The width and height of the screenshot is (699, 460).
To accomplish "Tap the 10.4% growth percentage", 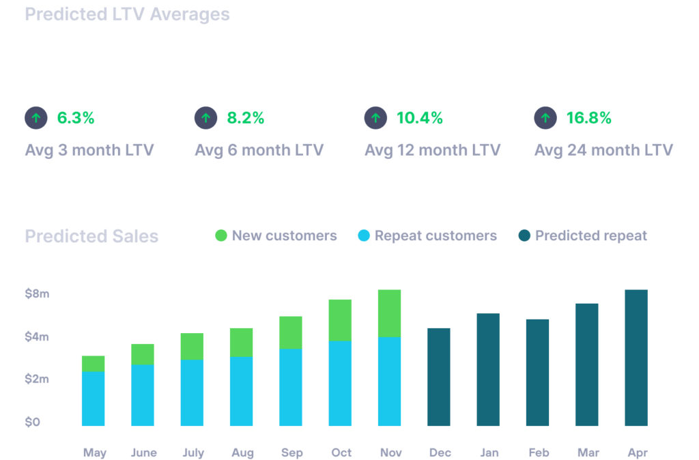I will (x=420, y=118).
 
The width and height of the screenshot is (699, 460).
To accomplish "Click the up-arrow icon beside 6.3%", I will (x=36, y=118).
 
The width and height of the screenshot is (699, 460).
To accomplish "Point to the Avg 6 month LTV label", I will (x=259, y=149).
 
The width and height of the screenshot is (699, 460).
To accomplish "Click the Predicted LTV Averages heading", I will (x=127, y=14).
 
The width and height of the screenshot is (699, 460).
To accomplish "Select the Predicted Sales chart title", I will (x=91, y=236).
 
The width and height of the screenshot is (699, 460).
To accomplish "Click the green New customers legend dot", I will (x=221, y=236).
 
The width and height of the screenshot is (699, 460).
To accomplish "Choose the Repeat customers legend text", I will (x=436, y=236).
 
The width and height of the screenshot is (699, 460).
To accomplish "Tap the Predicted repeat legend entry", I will (x=591, y=236).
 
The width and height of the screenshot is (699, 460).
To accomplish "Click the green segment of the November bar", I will (x=389, y=313).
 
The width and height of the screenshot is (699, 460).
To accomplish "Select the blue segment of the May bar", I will (x=93, y=399).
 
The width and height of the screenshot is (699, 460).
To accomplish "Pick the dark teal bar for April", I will (x=636, y=358).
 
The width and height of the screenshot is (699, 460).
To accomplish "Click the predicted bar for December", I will (x=439, y=377).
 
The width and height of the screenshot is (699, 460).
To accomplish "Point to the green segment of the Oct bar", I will (x=340, y=319).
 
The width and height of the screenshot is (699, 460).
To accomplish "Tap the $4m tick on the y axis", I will (x=37, y=336).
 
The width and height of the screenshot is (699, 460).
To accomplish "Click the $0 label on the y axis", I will (x=33, y=422).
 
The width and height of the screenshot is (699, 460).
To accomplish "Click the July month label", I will (x=192, y=452).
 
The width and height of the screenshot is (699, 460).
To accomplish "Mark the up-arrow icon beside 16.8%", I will (x=545, y=118).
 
